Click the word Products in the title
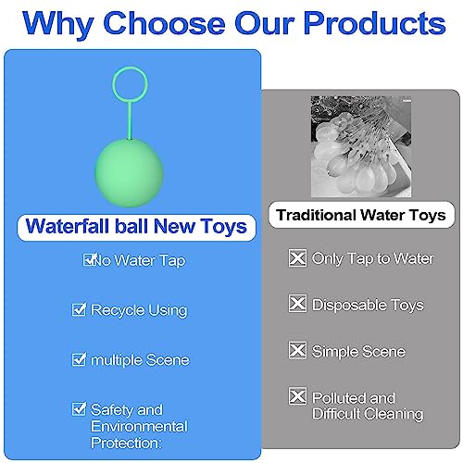[374, 24]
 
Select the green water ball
[129, 173]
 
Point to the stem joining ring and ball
[130, 120]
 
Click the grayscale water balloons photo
[361, 146]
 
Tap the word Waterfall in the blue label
[69, 226]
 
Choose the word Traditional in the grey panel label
[316, 215]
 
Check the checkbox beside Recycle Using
[79, 309]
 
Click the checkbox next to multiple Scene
[79, 359]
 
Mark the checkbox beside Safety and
[79, 409]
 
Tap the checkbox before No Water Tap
[90, 259]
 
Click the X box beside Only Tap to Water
[297, 257]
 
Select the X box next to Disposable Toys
[297, 303]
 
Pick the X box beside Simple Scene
[297, 350]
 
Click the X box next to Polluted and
[297, 396]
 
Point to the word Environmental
[139, 427]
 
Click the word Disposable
[349, 306]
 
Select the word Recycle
[113, 310]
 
